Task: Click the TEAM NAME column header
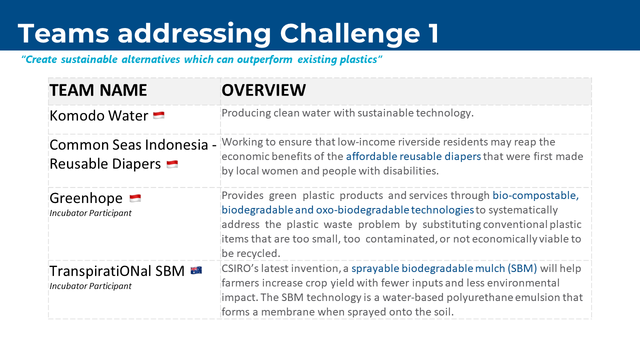click(98, 90)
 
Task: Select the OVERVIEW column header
click(263, 90)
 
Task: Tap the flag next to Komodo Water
click(159, 115)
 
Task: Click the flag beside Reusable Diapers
click(172, 164)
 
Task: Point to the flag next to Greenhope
click(135, 198)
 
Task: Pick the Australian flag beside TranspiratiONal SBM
click(196, 270)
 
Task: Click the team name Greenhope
click(86, 198)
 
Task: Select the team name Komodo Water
click(99, 115)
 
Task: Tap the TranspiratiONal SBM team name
click(117, 271)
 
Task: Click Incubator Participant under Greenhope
click(90, 213)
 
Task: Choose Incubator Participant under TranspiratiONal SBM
click(90, 286)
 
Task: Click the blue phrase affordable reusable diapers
click(413, 156)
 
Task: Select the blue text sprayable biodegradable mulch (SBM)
click(444, 268)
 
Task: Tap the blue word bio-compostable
click(535, 195)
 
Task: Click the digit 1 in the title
click(433, 33)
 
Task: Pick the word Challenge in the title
click(350, 33)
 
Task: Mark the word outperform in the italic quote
click(264, 59)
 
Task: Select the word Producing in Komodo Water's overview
click(246, 113)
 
